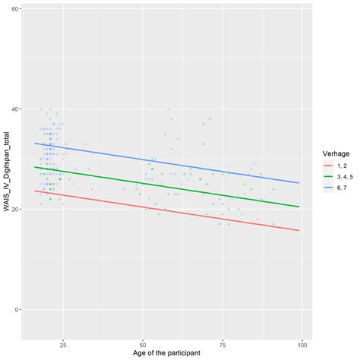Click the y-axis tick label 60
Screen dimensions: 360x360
(16, 9)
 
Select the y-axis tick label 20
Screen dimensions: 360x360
(16, 209)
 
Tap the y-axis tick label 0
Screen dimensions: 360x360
(17, 309)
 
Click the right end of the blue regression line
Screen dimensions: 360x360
(303, 183)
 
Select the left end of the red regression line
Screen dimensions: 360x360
(33, 191)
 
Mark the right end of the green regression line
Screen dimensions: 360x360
(303, 207)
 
